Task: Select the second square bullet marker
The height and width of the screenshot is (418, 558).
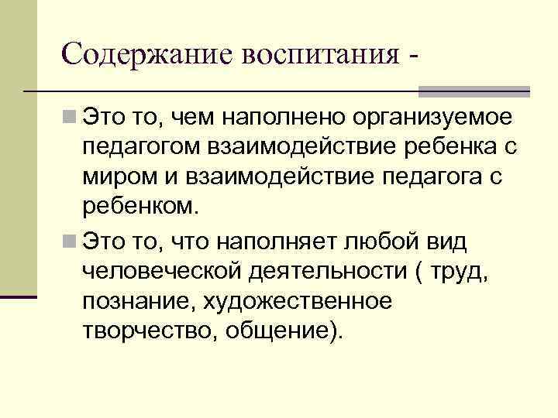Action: tap(71, 241)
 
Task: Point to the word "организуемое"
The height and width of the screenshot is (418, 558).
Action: tap(441, 118)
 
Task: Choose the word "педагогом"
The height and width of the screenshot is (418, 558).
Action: tap(131, 148)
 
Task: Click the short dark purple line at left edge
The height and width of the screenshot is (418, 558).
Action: tap(19, 296)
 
